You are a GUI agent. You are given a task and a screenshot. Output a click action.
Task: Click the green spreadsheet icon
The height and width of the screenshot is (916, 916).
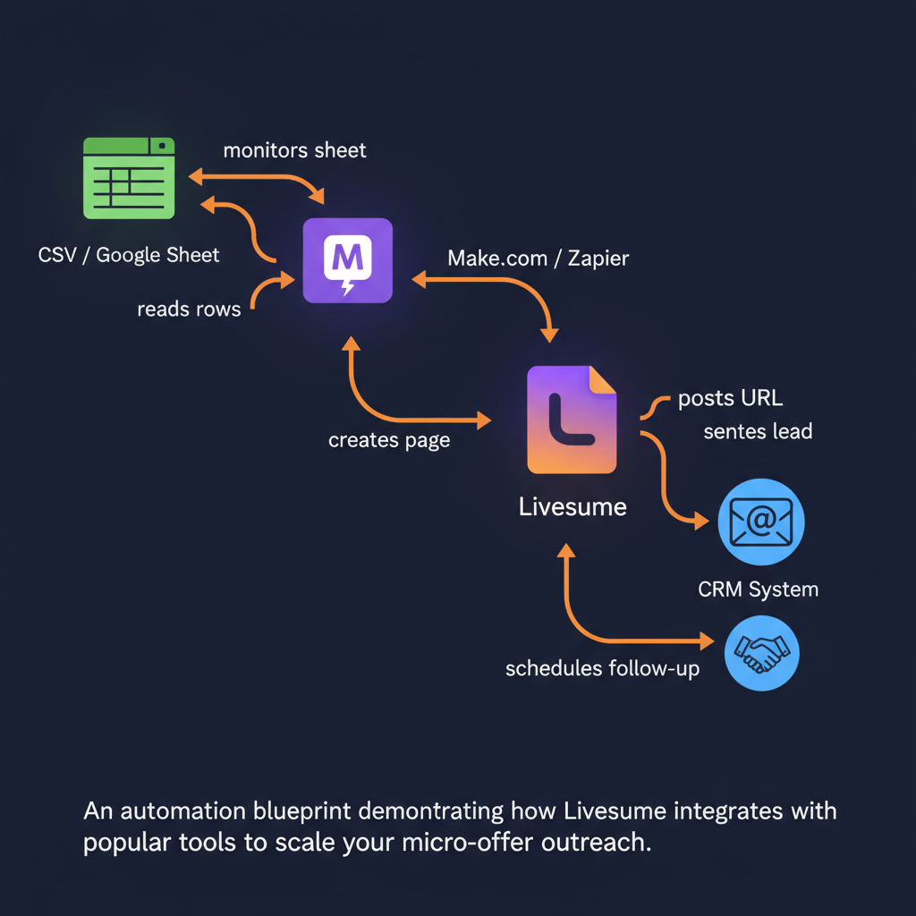click(128, 177)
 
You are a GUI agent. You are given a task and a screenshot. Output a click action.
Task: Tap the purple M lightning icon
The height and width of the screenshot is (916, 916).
click(347, 260)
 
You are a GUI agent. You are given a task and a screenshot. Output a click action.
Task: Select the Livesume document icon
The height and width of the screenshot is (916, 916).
click(572, 419)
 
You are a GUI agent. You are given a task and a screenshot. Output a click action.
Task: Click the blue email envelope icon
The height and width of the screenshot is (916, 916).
click(761, 521)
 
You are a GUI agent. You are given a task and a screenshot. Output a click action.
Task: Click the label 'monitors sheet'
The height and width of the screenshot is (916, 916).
click(294, 149)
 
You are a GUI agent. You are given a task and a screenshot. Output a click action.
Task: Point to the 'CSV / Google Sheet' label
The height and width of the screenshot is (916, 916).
click(129, 255)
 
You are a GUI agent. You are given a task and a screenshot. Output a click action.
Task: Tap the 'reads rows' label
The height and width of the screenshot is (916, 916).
click(189, 310)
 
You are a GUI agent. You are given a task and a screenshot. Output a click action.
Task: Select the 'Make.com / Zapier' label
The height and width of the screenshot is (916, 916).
click(538, 259)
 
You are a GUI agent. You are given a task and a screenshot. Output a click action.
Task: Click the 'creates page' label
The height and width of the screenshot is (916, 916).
click(389, 440)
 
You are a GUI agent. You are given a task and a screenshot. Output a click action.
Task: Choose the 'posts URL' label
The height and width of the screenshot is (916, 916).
click(730, 398)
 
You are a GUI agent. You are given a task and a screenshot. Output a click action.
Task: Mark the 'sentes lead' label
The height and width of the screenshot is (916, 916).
click(758, 431)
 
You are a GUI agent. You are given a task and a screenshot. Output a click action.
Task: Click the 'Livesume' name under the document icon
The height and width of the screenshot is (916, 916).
click(572, 507)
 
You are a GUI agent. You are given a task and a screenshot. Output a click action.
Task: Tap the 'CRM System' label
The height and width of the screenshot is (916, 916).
click(758, 589)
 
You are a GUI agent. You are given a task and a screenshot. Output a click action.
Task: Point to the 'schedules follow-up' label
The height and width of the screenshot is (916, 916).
click(602, 668)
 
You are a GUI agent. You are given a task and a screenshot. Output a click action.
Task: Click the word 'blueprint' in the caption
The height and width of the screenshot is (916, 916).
click(303, 811)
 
